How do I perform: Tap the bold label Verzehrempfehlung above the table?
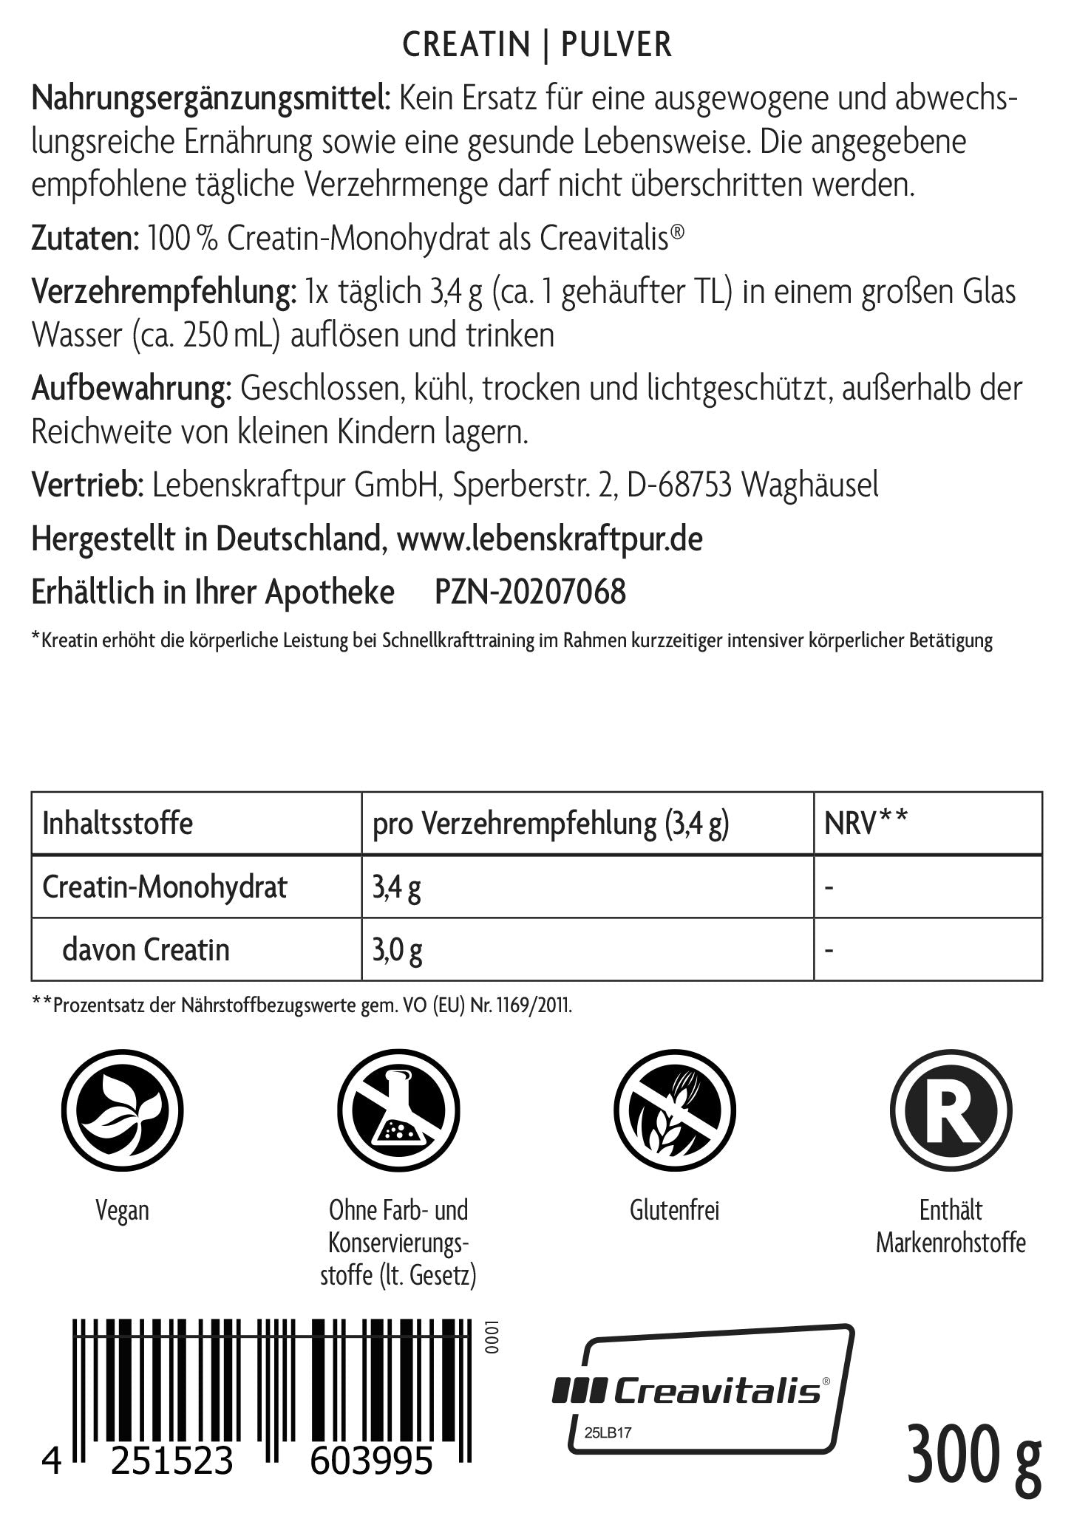pyautogui.click(x=163, y=293)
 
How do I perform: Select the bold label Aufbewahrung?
pyautogui.click(x=132, y=389)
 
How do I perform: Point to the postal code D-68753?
pyautogui.click(x=679, y=485)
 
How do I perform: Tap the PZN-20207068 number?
pyautogui.click(x=530, y=592)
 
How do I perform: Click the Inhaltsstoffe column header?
pyautogui.click(x=118, y=823)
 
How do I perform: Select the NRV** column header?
pyautogui.click(x=866, y=823)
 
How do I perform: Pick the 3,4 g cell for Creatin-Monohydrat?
pyautogui.click(x=396, y=887)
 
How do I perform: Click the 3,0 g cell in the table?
pyautogui.click(x=397, y=949)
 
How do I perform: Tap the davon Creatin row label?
pyautogui.click(x=146, y=949)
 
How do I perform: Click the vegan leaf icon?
pyautogui.click(x=122, y=1110)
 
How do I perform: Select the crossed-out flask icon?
pyautogui.click(x=398, y=1110)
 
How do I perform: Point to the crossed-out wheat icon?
pyautogui.click(x=674, y=1110)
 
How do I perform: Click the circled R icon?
pyautogui.click(x=951, y=1110)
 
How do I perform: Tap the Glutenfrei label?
pyautogui.click(x=674, y=1210)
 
